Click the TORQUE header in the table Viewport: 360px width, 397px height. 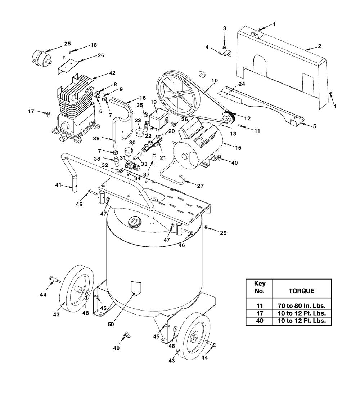[x=302, y=291]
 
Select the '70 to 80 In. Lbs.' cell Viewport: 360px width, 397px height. [x=302, y=306]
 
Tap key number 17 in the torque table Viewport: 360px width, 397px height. [x=260, y=313]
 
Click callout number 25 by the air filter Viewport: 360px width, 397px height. [x=67, y=44]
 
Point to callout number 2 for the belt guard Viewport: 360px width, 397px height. [x=320, y=46]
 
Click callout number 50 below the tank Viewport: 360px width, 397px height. [x=111, y=324]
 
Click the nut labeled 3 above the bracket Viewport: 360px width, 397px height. [x=224, y=47]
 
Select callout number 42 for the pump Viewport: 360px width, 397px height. [x=112, y=73]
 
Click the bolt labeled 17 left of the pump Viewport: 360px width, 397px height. [x=47, y=114]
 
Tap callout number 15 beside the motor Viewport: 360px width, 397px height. [x=238, y=148]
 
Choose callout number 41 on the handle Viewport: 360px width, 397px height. [x=58, y=185]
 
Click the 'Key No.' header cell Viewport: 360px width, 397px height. [x=260, y=287]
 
